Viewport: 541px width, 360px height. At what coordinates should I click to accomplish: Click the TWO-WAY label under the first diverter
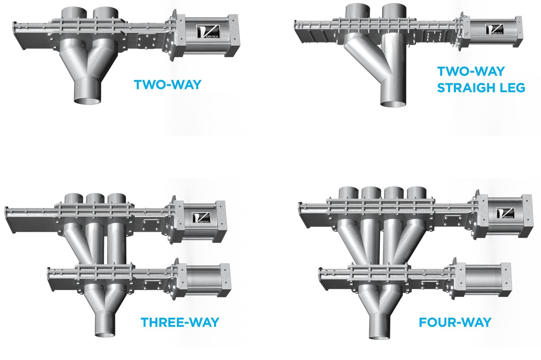pyautogui.click(x=167, y=85)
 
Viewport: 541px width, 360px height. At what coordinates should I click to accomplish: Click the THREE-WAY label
pyautogui.click(x=180, y=322)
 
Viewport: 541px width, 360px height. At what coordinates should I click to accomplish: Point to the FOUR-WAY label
pyautogui.click(x=455, y=322)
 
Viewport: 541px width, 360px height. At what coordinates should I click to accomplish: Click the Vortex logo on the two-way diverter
pyautogui.click(x=208, y=32)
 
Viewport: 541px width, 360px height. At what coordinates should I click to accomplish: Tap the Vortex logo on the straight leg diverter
pyautogui.click(x=494, y=30)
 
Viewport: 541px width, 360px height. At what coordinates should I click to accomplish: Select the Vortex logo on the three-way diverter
pyautogui.click(x=201, y=218)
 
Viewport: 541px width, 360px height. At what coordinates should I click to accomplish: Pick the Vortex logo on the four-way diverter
pyautogui.click(x=505, y=213)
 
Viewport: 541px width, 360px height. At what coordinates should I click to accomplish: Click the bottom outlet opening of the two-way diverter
pyautogui.click(x=87, y=100)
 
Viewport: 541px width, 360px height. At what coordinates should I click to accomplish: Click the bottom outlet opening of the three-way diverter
pyautogui.click(x=105, y=334)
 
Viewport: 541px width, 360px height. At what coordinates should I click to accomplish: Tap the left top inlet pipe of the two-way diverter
pyautogui.click(x=74, y=13)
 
